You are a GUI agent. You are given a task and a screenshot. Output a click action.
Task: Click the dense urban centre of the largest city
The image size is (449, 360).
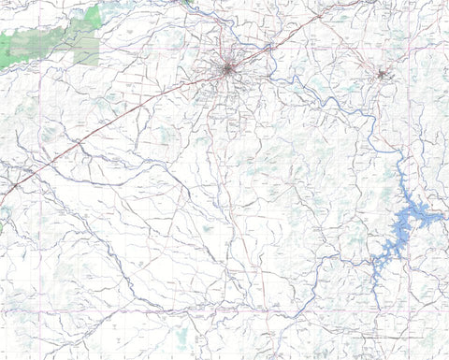pos(227,68)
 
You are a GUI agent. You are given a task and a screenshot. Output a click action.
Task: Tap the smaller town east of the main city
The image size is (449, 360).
pos(381,73)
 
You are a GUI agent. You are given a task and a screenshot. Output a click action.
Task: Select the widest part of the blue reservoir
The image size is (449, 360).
pos(411,218)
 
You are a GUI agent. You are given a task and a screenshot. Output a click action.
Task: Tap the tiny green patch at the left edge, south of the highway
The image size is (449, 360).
pos(2,225)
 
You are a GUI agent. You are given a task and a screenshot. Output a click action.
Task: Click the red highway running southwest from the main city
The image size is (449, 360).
pos(112,127)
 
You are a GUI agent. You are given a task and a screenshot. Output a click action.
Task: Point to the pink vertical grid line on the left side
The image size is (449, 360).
pos(41,281)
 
